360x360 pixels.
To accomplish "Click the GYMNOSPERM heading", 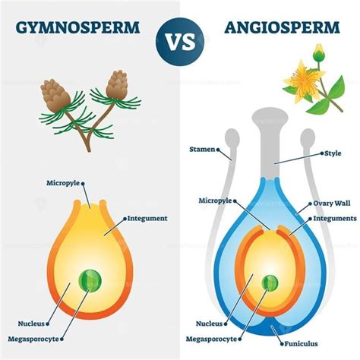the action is pos(77,27).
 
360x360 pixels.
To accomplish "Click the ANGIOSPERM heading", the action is pos(282,27).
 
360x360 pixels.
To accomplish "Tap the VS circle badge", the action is pos(180,42).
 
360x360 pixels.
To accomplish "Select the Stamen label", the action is pos(202,150).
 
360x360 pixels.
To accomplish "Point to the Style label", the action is pos(333,153).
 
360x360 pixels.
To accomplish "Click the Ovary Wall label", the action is pos(332,204).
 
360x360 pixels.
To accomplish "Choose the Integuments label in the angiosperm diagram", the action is pos(335,218).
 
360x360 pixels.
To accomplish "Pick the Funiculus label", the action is pos(301,343).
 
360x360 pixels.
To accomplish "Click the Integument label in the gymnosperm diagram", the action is pos(147,218).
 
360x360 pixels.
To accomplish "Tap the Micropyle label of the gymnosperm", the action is pos(63,183).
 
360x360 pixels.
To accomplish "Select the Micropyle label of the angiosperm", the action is pos(215,201).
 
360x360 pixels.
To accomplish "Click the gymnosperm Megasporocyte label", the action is pos(33,339).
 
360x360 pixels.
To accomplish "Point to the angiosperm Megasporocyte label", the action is pos(211,339).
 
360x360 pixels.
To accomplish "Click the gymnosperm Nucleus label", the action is pos(31,324).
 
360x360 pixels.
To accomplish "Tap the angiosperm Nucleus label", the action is pos(210,324).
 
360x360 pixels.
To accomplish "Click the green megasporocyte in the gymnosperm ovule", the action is pos(90,281).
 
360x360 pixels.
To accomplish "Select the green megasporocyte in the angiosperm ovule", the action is pos(270,283).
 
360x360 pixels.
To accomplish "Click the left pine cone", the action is pos(55,96).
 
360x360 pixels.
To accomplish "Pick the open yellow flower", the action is pos(303,81).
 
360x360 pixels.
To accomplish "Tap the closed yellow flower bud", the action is pos(319,52).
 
